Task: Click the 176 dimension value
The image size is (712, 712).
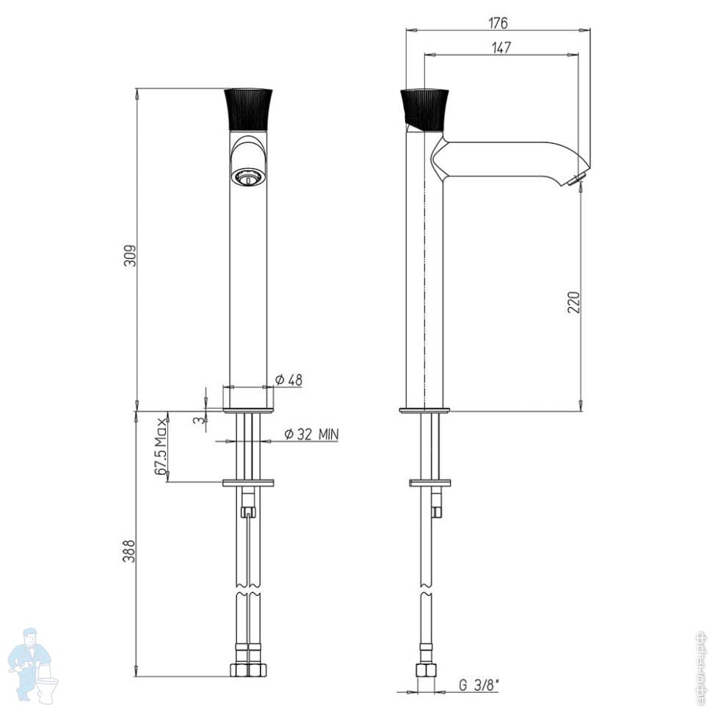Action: tap(498, 23)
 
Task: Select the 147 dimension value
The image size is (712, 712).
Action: tap(501, 47)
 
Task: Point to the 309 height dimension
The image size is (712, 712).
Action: tap(130, 256)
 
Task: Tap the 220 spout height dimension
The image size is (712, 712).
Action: tap(575, 302)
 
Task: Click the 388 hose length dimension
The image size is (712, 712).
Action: tap(129, 551)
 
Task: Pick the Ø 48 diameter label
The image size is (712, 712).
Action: tap(288, 380)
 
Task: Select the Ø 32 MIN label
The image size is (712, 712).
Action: tap(311, 435)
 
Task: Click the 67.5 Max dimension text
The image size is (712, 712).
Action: tap(161, 446)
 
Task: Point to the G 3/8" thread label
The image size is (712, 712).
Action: tap(479, 686)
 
